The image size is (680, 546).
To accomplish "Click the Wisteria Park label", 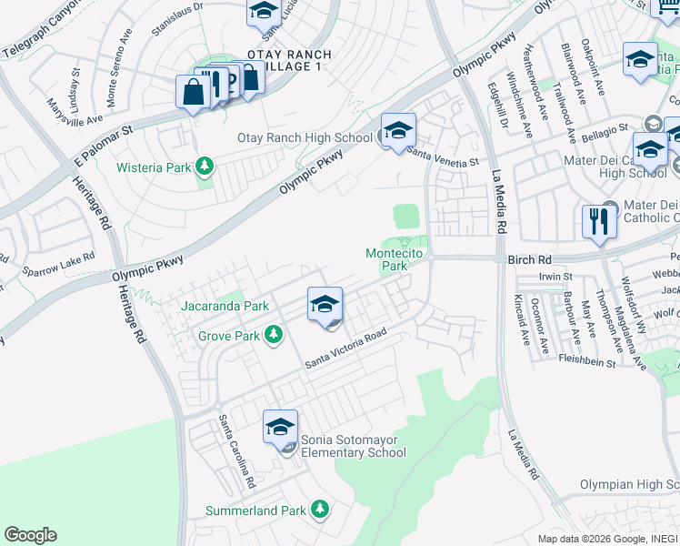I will [152, 167].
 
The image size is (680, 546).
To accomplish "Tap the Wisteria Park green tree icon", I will [205, 166].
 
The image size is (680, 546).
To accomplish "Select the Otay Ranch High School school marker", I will [398, 131].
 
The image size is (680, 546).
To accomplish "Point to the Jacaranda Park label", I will [225, 306].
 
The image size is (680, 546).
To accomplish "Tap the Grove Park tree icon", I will [272, 336].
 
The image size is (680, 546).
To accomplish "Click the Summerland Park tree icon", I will [319, 510].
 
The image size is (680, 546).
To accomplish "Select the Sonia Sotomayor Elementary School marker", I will [280, 428].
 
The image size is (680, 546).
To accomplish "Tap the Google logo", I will [30, 535].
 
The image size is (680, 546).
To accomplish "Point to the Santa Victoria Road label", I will [345, 349].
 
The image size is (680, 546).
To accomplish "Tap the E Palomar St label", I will [103, 141].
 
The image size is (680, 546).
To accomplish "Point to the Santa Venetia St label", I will [443, 156].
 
